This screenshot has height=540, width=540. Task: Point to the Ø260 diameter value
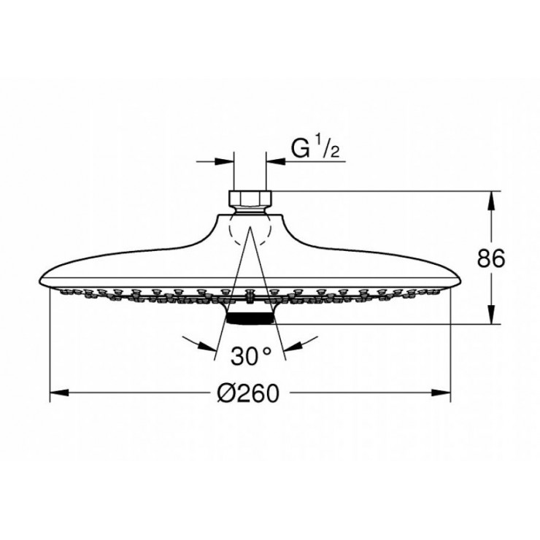click(248, 394)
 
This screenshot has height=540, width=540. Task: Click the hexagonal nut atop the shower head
click(250, 199)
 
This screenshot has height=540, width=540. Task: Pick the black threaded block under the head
click(250, 317)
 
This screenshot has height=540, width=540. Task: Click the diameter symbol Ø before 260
click(226, 394)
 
